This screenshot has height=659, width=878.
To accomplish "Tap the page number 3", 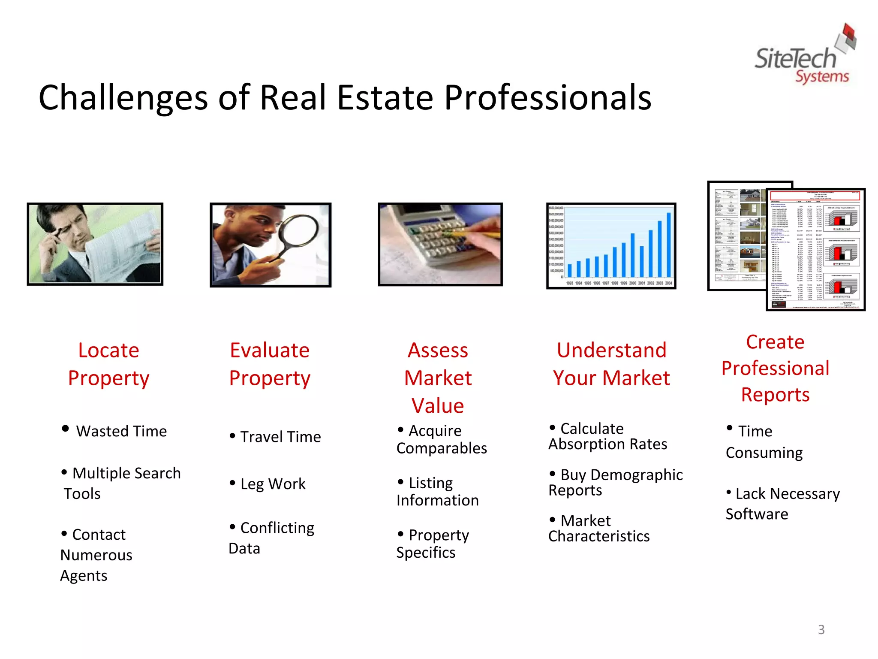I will [x=821, y=629].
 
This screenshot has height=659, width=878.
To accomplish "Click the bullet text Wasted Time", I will [x=121, y=431].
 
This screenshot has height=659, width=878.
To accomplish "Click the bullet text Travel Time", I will [x=280, y=437].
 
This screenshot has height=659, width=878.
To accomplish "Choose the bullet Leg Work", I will [x=273, y=484].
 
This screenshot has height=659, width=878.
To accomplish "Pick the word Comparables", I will [x=442, y=448].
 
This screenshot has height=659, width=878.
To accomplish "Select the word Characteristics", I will [x=599, y=536].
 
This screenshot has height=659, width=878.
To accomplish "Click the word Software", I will [x=757, y=514].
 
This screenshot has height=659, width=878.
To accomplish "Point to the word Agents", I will [x=84, y=576].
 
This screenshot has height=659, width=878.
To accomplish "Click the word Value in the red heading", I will [x=438, y=405].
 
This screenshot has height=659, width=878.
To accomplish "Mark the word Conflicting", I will [x=277, y=528].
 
